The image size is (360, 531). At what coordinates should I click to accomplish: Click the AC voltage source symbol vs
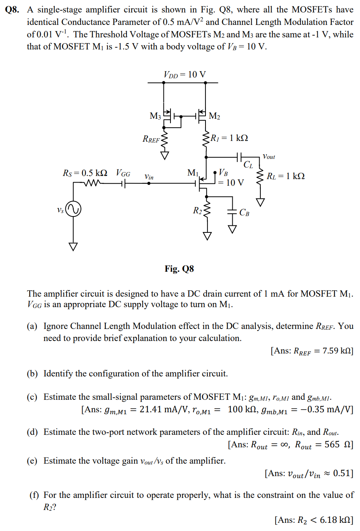click(73, 209)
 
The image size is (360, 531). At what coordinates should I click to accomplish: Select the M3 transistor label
click(155, 116)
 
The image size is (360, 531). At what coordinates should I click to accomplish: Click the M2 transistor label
click(214, 116)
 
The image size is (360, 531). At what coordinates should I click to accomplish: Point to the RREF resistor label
click(151, 139)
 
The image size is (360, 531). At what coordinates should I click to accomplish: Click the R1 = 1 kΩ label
click(229, 138)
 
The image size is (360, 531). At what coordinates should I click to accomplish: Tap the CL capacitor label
click(248, 165)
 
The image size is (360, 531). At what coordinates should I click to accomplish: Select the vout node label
click(269, 156)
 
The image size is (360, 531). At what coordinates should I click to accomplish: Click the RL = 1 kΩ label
click(286, 176)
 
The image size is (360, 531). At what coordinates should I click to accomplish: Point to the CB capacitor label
click(244, 213)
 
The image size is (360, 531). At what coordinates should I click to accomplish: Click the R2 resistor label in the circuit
click(197, 211)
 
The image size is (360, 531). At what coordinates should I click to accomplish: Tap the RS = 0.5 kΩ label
click(85, 173)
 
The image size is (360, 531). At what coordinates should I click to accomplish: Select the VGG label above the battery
click(123, 173)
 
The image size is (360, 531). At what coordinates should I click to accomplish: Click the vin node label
click(149, 177)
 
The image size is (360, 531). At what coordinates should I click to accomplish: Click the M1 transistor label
click(193, 172)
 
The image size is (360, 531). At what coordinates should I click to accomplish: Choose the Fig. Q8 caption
click(179, 269)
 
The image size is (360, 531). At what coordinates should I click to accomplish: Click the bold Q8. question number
click(12, 9)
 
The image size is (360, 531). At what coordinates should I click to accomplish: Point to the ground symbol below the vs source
click(73, 246)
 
